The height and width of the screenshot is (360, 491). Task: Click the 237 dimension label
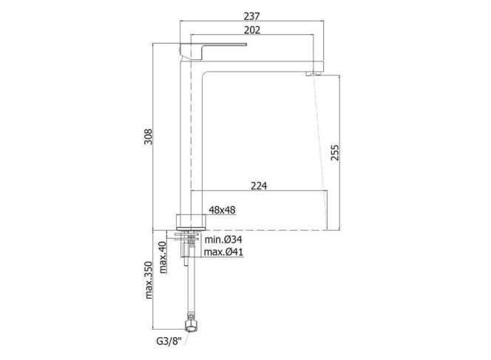coord(251,16)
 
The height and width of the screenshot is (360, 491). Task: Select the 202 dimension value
coord(251,30)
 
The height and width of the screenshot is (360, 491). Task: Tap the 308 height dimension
coord(148,137)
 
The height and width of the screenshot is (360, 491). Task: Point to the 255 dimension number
coord(335,152)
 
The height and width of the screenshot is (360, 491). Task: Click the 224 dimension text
coord(259,186)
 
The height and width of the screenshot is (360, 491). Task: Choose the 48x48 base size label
coord(222,210)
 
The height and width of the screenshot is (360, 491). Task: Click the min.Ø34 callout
coord(223,240)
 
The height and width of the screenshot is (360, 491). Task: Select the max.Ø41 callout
coord(223,251)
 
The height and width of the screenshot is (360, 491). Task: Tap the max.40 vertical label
coord(163,257)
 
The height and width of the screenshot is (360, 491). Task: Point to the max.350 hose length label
coord(149,280)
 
